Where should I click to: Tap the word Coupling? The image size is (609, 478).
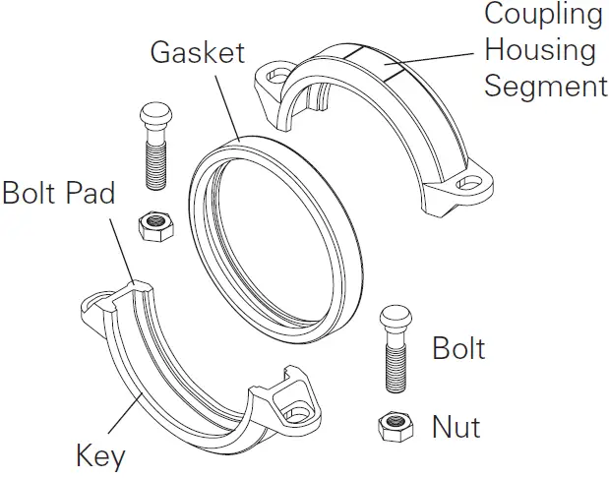point(543,14)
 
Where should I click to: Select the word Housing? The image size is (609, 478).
point(540,49)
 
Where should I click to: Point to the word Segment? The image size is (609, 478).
point(546,86)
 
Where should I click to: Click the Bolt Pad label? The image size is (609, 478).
point(58,191)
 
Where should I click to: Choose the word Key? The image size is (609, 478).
point(100,456)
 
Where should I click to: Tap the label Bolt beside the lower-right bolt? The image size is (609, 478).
point(458,348)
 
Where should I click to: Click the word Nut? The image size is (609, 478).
point(456,427)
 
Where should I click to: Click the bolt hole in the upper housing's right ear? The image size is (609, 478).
point(479,183)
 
